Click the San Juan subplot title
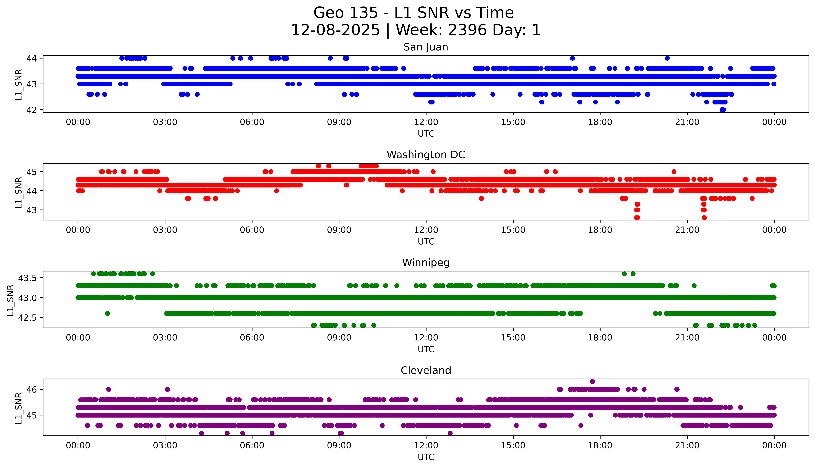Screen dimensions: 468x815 click(x=426, y=47)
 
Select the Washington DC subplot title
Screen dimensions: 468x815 click(x=426, y=155)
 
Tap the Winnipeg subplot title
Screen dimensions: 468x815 click(x=426, y=263)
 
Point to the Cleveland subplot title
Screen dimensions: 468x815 click(x=426, y=371)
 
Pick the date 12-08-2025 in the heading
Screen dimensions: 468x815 click(x=335, y=30)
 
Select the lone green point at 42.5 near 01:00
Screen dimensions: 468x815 click(x=108, y=313)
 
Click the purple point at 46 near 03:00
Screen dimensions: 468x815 click(x=167, y=389)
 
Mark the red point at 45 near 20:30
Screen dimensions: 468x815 click(x=674, y=172)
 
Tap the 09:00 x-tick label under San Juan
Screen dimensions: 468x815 click(x=339, y=122)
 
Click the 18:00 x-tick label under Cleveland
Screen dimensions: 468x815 click(x=600, y=445)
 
